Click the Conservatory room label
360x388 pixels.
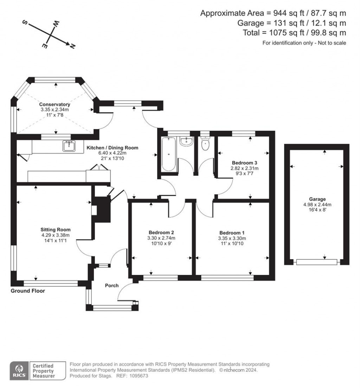tap(54, 104)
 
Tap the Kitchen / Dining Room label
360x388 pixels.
tap(112, 148)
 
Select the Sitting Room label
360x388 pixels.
tap(56, 229)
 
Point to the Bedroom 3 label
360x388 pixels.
tap(244, 163)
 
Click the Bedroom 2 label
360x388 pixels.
tap(161, 233)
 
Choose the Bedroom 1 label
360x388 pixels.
tap(232, 233)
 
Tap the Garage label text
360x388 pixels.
tap(317, 199)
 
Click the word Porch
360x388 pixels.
tap(112, 286)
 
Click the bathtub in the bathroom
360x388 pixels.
tap(169, 154)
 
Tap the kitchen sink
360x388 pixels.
tap(69, 146)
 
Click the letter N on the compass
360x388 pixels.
tap(72, 46)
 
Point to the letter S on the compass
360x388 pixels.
tap(25, 22)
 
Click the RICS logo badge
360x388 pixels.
tap(19, 370)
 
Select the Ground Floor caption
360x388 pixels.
tap(28, 291)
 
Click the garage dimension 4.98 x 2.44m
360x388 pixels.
tap(317, 205)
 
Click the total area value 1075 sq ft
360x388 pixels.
tap(287, 33)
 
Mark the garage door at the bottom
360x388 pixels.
tap(317, 262)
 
